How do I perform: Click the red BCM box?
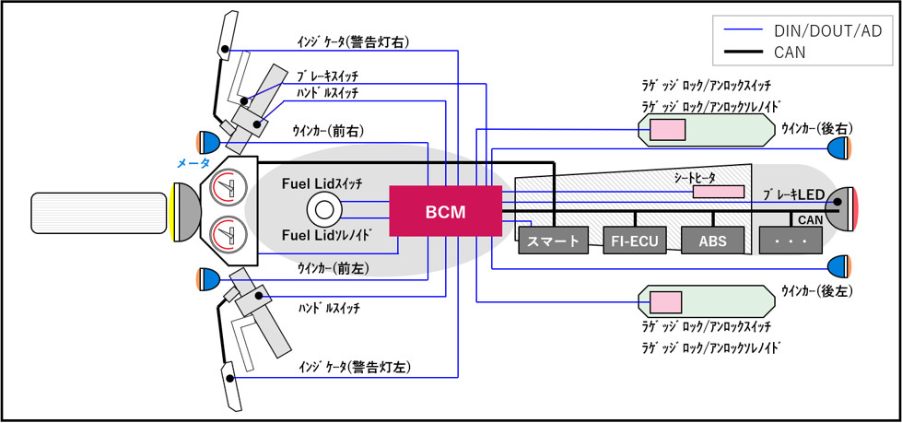445,211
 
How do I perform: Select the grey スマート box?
553,241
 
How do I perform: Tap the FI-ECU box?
633,241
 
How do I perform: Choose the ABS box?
712,241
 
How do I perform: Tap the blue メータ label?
193,163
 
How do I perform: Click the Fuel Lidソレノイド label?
327,235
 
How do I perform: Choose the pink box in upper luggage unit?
667,130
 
